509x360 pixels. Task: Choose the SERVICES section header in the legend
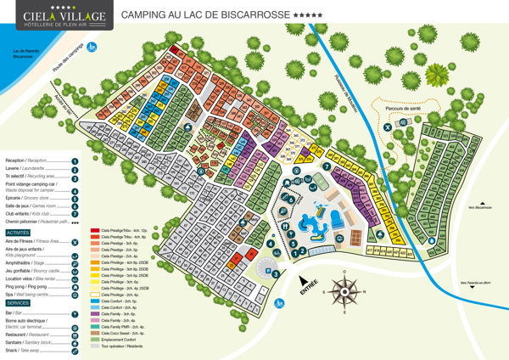[x=18, y=302]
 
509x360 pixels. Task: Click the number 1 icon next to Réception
[x=75, y=160]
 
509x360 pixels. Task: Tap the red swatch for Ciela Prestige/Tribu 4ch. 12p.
[x=95, y=231]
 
